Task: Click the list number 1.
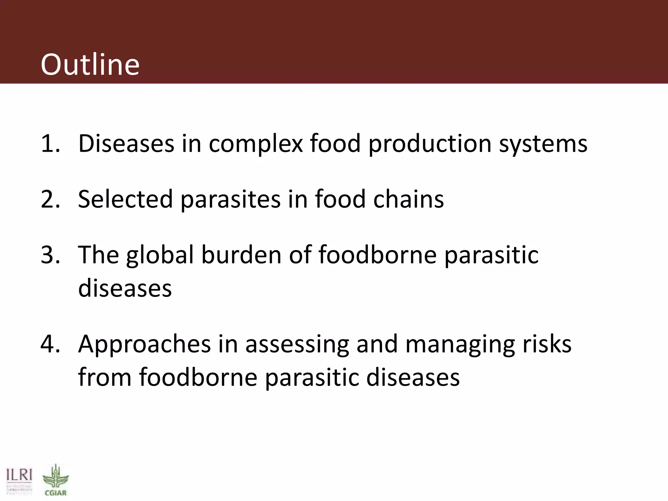coord(50,144)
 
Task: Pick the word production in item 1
coord(430,144)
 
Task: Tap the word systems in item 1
coord(543,144)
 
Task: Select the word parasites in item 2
coord(230,200)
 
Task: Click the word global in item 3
coord(160,255)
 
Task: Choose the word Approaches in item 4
coord(144,344)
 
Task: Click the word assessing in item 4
coord(297,344)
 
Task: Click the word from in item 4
coord(104,377)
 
